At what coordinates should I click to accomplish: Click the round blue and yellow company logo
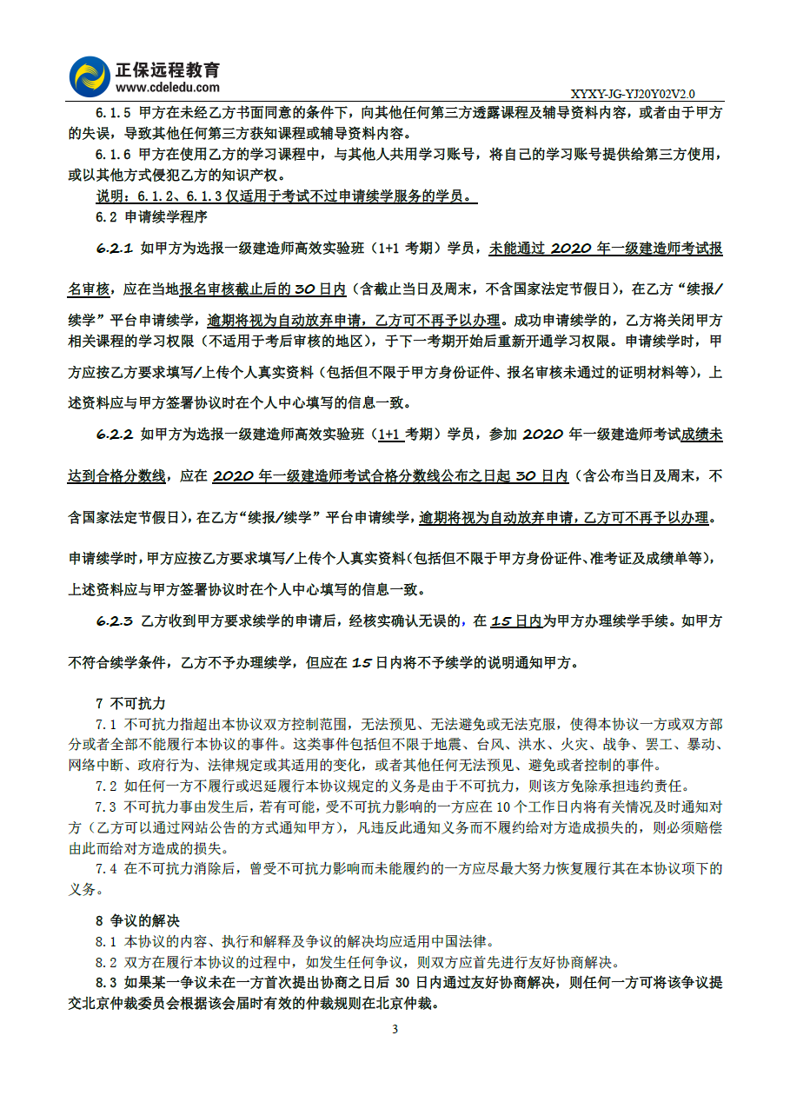[90, 76]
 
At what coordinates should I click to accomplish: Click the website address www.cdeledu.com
[167, 88]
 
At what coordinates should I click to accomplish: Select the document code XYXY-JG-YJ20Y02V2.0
[633, 94]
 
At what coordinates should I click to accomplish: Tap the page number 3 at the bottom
[395, 1030]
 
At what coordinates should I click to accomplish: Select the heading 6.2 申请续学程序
[151, 217]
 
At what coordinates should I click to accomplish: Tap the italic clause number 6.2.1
[115, 249]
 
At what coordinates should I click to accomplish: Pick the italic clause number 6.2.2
[115, 434]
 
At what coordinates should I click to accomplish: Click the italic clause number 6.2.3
[115, 621]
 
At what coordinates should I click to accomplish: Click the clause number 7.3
[106, 806]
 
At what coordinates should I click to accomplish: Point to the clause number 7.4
[106, 868]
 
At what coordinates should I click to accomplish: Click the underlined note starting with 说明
[287, 196]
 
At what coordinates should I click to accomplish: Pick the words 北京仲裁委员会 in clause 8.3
[136, 1004]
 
